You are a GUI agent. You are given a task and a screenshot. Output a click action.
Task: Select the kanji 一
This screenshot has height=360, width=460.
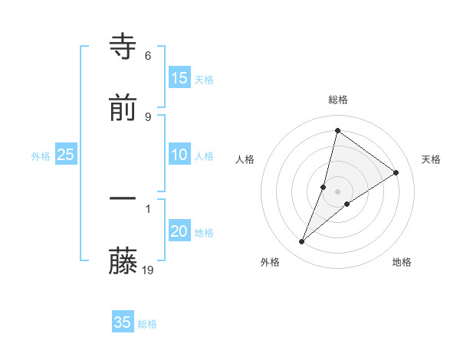(123, 198)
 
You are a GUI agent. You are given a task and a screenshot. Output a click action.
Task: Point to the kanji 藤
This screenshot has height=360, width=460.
(123, 261)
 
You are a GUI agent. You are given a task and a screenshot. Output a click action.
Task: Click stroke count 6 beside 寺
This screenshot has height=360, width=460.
(148, 56)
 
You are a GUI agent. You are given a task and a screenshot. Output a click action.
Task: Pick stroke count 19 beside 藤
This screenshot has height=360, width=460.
(149, 270)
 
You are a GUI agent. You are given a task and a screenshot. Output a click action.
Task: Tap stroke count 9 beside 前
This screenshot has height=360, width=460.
(148, 116)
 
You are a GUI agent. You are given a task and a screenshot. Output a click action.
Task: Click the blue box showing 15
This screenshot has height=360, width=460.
(179, 78)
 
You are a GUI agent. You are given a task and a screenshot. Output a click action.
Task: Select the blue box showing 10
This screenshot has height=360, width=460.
(179, 155)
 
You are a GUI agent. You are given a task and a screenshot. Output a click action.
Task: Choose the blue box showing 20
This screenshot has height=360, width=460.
(179, 232)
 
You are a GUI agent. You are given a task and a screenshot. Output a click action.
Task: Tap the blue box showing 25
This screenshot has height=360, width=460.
(66, 155)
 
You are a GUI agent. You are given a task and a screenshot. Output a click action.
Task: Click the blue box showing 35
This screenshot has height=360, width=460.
(123, 322)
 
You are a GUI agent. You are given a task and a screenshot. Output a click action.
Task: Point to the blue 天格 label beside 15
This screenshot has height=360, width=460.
(204, 80)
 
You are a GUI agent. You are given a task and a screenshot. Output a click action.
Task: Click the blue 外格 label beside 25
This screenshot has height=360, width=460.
(41, 156)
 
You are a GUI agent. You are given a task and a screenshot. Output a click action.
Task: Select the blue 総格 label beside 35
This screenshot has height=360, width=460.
(147, 324)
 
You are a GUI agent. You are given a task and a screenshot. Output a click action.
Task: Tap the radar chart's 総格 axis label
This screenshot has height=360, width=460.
(337, 100)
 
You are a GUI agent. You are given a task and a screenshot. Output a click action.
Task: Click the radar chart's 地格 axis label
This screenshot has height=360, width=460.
(402, 262)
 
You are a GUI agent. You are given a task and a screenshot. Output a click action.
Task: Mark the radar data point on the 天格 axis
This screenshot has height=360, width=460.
(396, 172)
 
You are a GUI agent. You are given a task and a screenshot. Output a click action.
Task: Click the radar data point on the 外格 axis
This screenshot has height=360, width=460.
(302, 242)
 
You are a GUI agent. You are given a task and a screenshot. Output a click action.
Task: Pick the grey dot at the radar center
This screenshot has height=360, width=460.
(337, 191)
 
